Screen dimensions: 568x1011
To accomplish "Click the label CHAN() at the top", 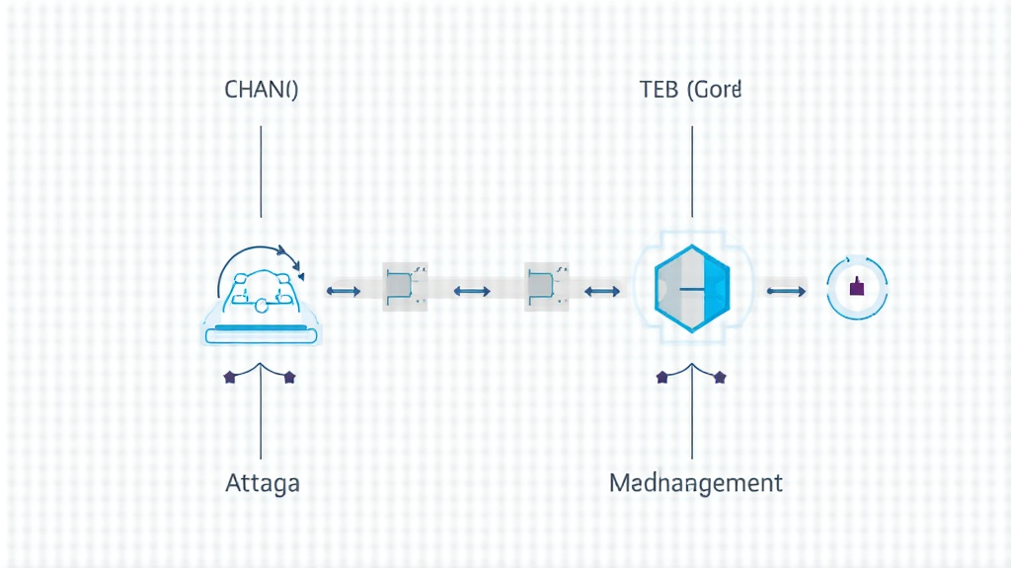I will point(262,90).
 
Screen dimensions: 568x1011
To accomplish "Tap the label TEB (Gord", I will point(690,90).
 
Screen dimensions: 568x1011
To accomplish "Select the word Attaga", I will point(262,483).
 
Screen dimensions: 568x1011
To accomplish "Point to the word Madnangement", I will point(696,483).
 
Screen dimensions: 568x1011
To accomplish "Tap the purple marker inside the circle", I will point(856,288).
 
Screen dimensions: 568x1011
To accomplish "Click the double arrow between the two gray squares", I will point(471,291).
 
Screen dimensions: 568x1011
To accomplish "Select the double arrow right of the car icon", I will point(343,291).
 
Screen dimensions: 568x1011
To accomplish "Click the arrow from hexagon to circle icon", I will point(786,291).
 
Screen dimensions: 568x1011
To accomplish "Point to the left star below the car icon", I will point(231,377).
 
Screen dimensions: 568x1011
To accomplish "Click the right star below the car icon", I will point(289,377).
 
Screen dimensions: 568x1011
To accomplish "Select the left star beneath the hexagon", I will point(661,377).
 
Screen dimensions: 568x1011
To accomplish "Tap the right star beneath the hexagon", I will point(720,377).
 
